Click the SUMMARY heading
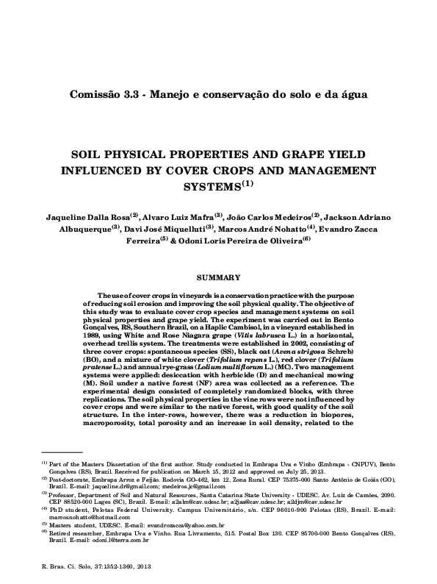[x=219, y=277]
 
